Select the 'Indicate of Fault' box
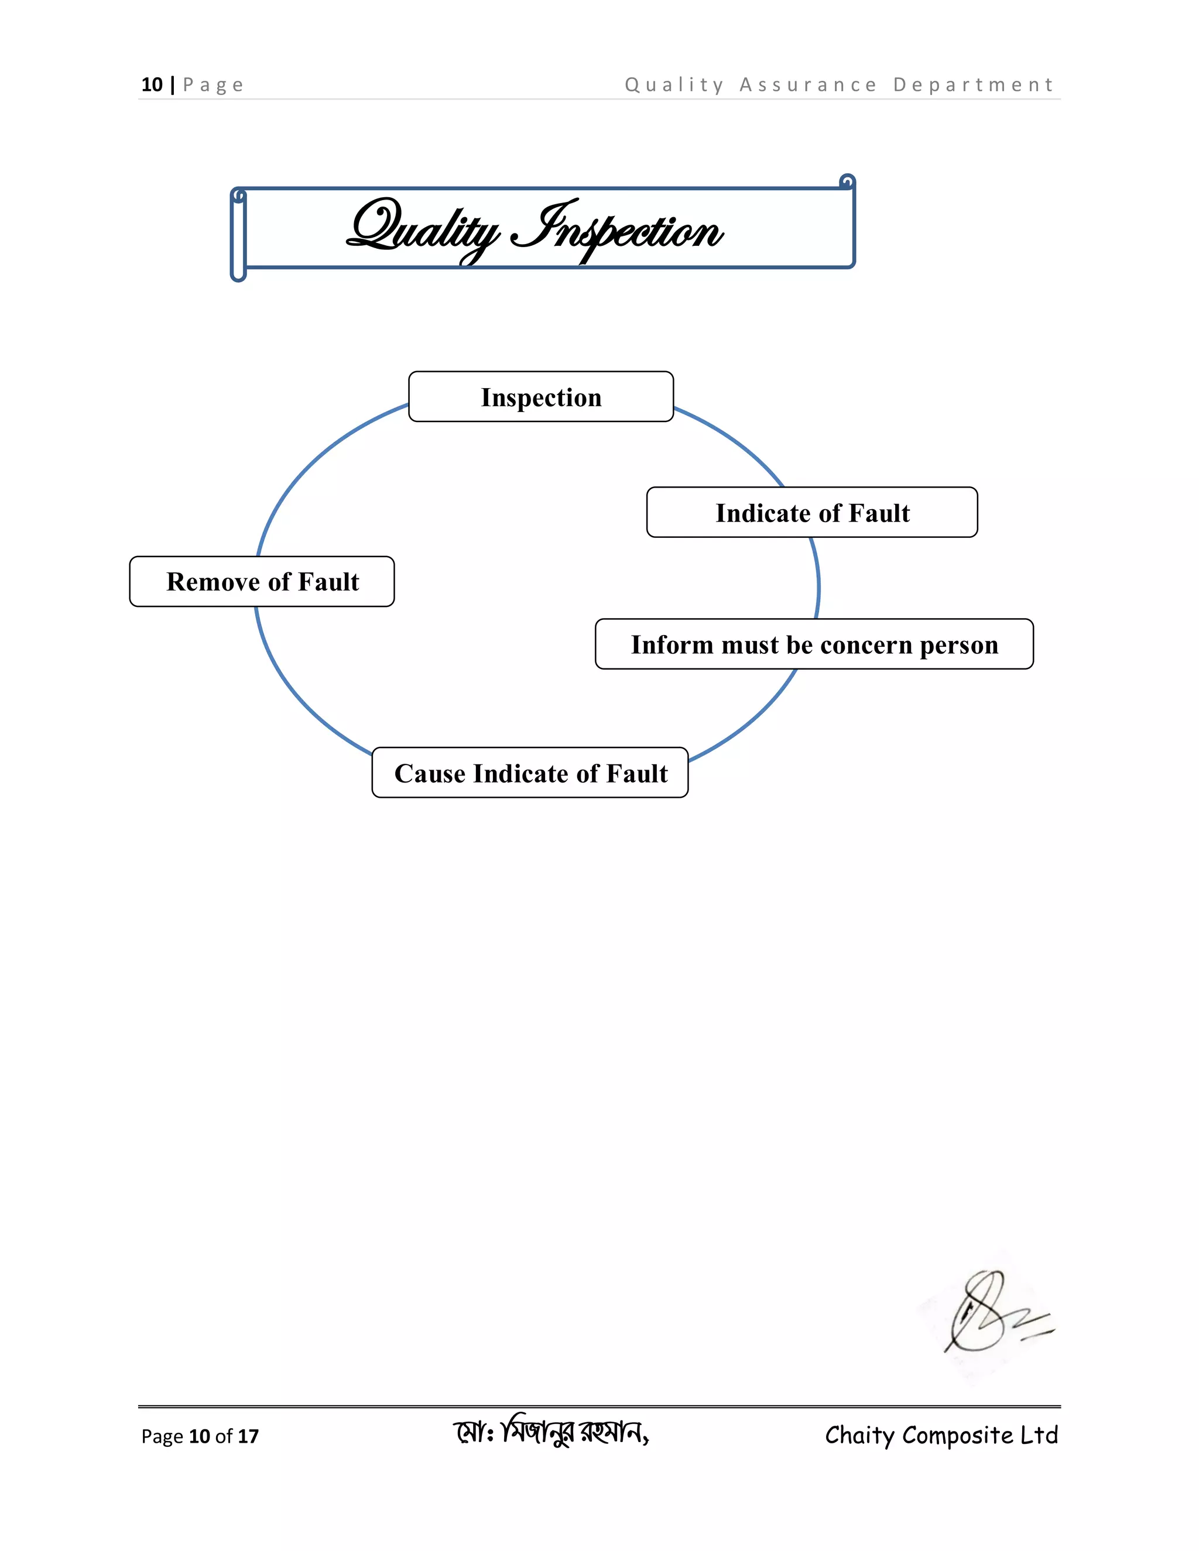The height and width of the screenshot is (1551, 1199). click(812, 513)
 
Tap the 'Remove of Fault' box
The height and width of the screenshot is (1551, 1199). click(262, 582)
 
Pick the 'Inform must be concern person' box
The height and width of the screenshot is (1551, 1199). click(814, 645)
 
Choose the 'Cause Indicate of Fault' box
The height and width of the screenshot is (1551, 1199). click(530, 773)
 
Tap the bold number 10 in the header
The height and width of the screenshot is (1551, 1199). click(152, 85)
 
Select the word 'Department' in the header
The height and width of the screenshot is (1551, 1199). click(973, 85)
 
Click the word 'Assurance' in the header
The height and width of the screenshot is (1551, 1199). click(809, 85)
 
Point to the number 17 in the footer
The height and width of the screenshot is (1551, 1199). click(248, 1436)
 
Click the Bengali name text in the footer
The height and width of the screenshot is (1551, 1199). click(551, 1433)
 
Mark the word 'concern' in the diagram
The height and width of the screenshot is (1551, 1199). click(866, 646)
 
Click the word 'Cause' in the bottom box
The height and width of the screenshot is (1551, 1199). click(430, 773)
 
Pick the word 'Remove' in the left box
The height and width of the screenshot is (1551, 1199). click(213, 582)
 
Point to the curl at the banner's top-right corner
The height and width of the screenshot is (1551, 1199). click(847, 182)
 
